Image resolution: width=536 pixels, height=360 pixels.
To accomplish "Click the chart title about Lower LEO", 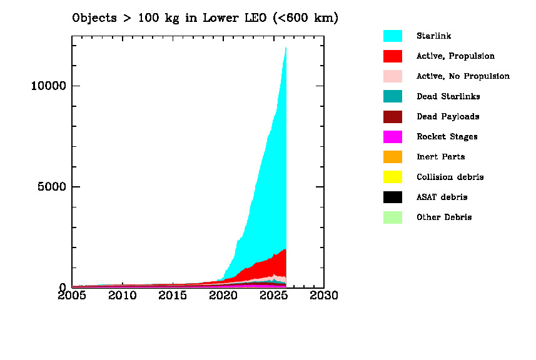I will (205, 17).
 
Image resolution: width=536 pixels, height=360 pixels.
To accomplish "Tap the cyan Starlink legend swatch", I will (392, 36).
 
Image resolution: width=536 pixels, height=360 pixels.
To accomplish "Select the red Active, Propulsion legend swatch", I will (392, 56).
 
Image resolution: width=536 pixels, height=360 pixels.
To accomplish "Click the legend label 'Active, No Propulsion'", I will (463, 76).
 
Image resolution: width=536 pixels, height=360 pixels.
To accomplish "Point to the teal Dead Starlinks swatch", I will (392, 96).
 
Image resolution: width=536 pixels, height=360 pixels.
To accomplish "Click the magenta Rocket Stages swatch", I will (392, 137).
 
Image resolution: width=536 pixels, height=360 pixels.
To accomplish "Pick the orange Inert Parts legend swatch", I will (392, 157).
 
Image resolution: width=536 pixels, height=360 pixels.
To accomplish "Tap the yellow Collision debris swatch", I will (392, 177).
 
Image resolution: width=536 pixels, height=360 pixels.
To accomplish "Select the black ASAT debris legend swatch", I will (392, 197).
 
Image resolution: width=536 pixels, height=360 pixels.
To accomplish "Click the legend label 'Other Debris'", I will (444, 217).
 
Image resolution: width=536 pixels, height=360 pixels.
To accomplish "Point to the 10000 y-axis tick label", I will (48, 86).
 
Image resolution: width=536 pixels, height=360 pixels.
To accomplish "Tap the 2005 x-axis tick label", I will (73, 295).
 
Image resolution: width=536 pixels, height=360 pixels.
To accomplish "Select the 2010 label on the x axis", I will (123, 295).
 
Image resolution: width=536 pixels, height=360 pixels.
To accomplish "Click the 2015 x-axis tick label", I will (173, 295).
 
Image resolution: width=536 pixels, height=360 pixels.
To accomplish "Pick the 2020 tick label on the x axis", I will (223, 295).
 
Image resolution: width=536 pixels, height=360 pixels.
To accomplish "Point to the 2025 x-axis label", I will (273, 295).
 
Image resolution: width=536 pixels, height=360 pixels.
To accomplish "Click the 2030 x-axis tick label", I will (324, 295).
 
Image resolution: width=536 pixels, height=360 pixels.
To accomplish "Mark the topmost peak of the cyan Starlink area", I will (286, 48).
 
